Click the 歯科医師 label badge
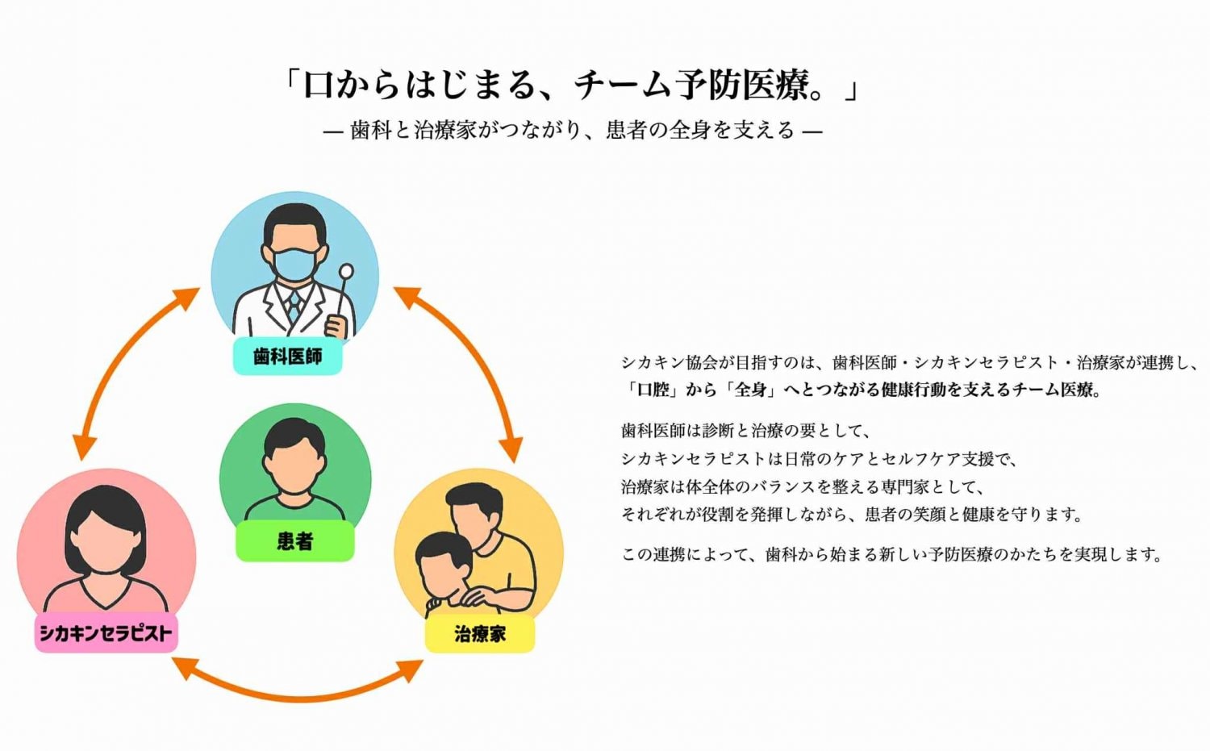(288, 357)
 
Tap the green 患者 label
(294, 540)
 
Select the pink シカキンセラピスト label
(106, 633)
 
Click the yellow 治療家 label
(479, 633)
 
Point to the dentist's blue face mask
(294, 264)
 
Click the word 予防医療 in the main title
(742, 85)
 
